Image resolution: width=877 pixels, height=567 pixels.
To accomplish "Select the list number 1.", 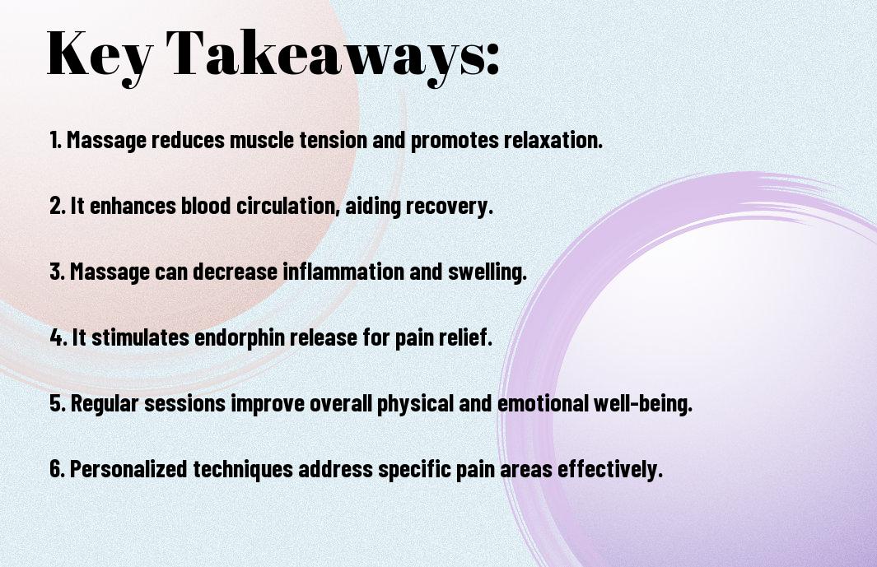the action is click(x=55, y=140).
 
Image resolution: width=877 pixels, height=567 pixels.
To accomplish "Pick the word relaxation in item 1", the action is click(x=553, y=140).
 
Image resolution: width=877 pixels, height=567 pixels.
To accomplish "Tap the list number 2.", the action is click(x=57, y=206).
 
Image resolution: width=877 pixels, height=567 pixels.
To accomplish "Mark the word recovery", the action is click(x=449, y=207).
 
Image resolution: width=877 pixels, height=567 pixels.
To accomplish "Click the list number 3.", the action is click(x=57, y=272).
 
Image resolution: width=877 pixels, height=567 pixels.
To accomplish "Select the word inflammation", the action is click(x=343, y=272).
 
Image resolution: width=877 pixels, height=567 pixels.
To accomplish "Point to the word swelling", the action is click(x=487, y=272).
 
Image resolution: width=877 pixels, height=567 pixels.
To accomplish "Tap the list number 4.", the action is click(x=58, y=337).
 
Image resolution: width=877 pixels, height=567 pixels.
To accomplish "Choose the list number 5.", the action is click(x=58, y=403).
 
